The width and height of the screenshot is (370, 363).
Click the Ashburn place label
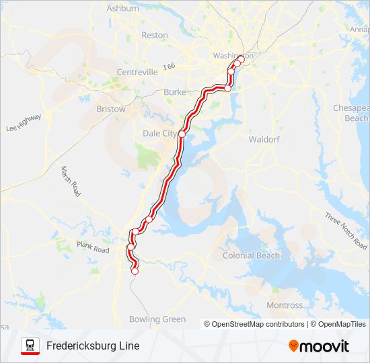pyautogui.click(x=123, y=9)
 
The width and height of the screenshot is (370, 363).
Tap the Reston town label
pyautogui.click(x=155, y=35)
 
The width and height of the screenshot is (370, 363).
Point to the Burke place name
pyautogui.click(x=175, y=92)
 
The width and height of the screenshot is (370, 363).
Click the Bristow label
pyautogui.click(x=111, y=109)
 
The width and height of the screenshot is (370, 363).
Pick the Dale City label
pyautogui.click(x=159, y=134)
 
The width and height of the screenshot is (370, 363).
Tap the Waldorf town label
pyautogui.click(x=264, y=139)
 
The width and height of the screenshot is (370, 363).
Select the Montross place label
pyautogui.click(x=285, y=305)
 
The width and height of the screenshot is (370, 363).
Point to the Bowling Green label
pyautogui.click(x=157, y=319)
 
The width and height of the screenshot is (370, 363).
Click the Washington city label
pyautogui.click(x=233, y=56)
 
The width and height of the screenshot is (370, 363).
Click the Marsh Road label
pyautogui.click(x=71, y=181)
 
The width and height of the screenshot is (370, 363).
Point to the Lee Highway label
pyautogui.click(x=24, y=122)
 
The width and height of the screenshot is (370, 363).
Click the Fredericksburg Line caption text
pyautogui.click(x=93, y=346)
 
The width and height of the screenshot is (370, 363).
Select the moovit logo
pyautogui.click(x=319, y=346)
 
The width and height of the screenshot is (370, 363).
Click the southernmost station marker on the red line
pyautogui.click(x=135, y=272)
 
